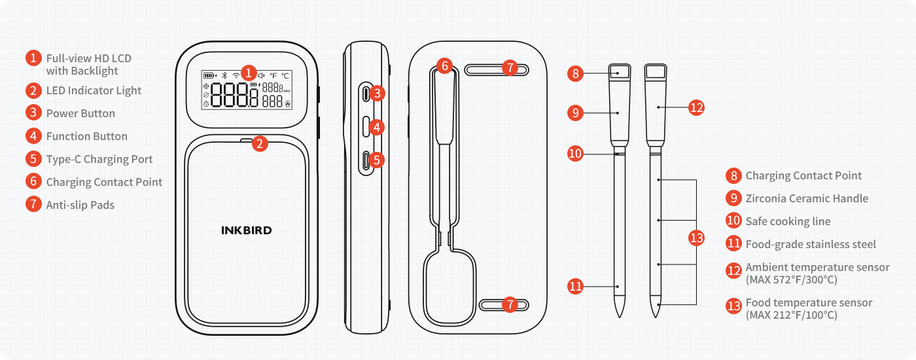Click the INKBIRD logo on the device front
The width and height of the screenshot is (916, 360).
[246, 230]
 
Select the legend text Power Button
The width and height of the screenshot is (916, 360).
[80, 113]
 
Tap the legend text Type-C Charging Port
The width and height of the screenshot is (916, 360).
[99, 159]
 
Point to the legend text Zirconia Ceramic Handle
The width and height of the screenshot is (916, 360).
[807, 198]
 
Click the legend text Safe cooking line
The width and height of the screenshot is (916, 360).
[788, 221]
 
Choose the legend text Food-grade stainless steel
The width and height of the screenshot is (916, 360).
[811, 244]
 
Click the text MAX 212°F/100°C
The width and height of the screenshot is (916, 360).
[791, 315]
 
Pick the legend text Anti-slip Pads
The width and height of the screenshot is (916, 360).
[80, 205]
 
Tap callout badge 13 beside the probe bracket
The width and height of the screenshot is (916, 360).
[698, 238]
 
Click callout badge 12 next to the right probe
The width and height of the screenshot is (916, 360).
[697, 107]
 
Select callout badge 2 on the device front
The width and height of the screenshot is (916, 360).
[260, 143]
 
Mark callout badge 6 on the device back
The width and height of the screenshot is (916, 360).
[444, 65]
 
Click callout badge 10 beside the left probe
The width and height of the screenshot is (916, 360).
[575, 154]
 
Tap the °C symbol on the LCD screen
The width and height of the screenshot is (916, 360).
[286, 75]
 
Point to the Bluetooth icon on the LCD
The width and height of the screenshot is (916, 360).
[223, 75]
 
